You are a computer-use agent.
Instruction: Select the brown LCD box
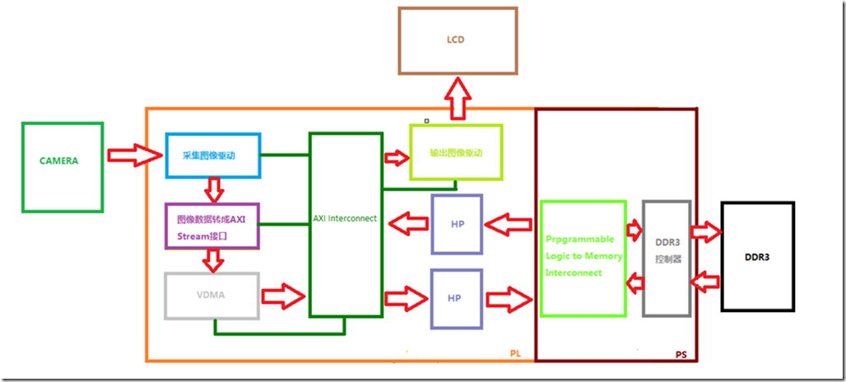click(458, 39)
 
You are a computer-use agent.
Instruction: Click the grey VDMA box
click(211, 294)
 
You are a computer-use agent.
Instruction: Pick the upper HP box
click(455, 222)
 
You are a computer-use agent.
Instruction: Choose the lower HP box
click(455, 297)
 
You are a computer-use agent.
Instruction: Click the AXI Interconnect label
click(345, 218)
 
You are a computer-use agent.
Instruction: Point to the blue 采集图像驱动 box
click(213, 155)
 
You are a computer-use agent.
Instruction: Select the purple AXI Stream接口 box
click(211, 226)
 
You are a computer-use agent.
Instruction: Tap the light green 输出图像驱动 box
click(456, 152)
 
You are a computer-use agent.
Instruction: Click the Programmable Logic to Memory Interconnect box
click(583, 257)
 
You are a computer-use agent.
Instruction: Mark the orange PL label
click(515, 353)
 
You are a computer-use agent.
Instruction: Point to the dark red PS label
click(681, 354)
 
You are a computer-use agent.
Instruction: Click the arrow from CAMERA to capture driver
click(135, 154)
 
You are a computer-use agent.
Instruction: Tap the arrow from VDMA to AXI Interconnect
click(284, 295)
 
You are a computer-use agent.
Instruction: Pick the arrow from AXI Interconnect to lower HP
click(407, 295)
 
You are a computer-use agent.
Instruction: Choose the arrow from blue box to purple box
click(214, 190)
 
